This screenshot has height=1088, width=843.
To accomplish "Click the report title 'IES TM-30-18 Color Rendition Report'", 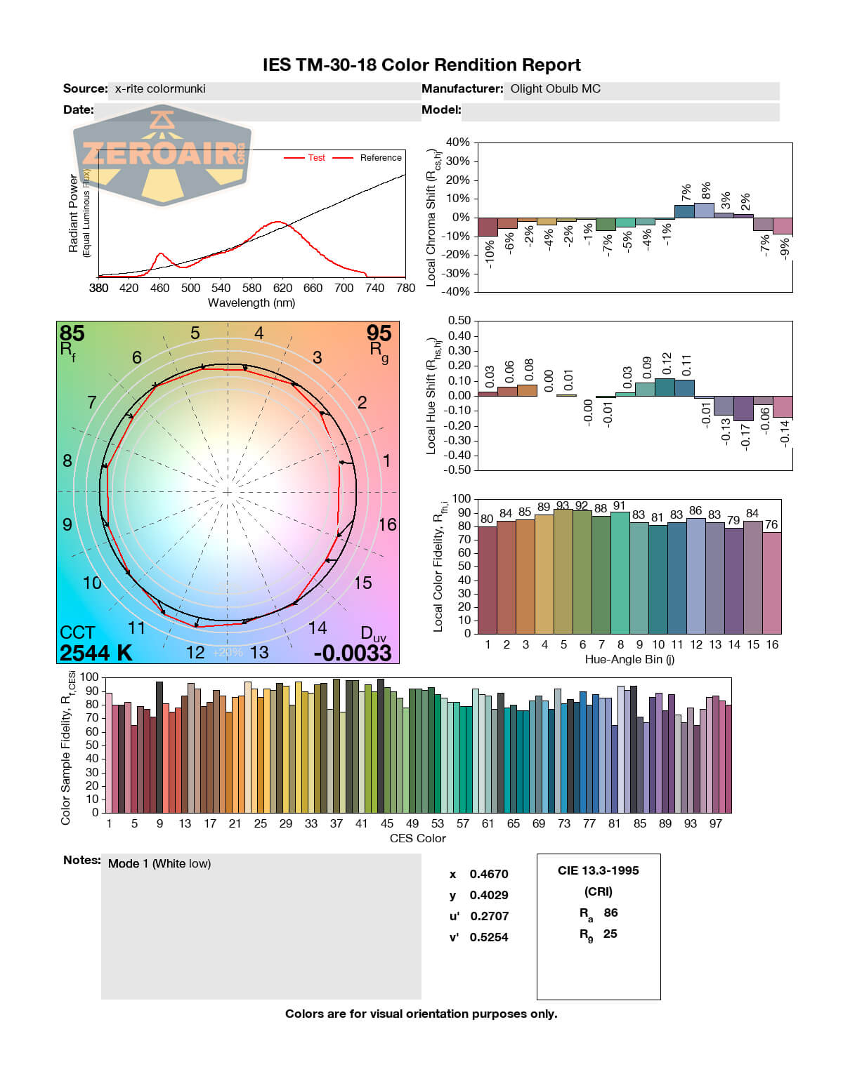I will (x=421, y=65).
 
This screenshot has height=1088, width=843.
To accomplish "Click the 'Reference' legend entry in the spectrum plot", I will (x=380, y=158).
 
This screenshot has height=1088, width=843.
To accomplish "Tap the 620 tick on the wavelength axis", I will (x=282, y=288).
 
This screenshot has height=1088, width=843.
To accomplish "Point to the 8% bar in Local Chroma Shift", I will (x=705, y=211).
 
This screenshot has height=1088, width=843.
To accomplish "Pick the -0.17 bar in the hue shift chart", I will (x=743, y=408).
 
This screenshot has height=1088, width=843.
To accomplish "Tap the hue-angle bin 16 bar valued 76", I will (x=772, y=583).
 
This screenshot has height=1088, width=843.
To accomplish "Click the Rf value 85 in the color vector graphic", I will (x=72, y=333).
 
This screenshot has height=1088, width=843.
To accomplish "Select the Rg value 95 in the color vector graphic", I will (x=379, y=333).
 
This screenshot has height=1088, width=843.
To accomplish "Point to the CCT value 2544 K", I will (x=96, y=653).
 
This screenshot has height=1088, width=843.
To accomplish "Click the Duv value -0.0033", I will (x=352, y=653).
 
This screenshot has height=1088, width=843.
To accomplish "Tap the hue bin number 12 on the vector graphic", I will (x=195, y=652).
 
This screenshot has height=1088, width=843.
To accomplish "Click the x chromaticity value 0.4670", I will (x=489, y=874).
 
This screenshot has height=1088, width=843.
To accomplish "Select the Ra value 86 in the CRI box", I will (x=610, y=913).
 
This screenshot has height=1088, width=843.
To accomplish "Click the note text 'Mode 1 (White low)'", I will (x=159, y=863).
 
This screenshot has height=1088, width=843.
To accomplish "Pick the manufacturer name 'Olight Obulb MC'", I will (x=555, y=89).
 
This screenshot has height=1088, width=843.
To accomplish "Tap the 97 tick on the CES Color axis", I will (x=715, y=823).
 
